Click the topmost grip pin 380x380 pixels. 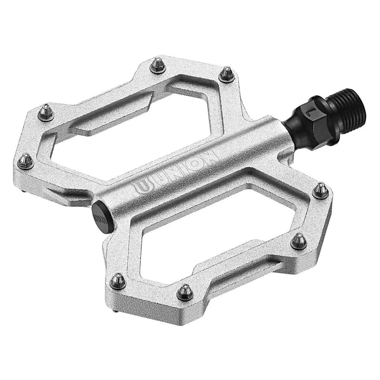point(158,65)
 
